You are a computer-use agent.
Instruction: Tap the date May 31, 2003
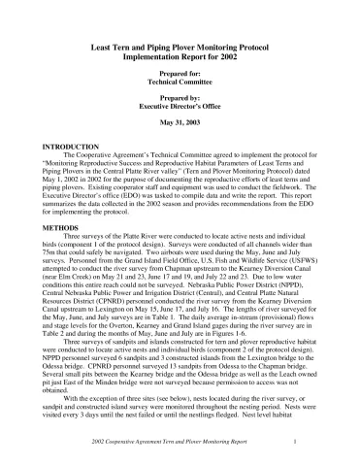tap(180, 123)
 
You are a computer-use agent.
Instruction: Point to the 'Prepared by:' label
tap(180, 98)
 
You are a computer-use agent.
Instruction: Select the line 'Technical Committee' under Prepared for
tap(180, 83)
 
